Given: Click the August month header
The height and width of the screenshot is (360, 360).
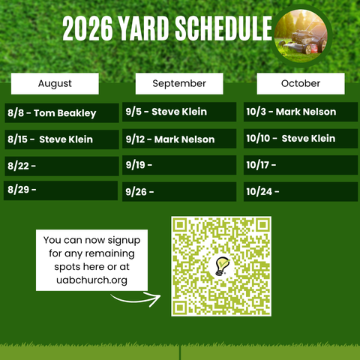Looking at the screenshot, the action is pos(55,83).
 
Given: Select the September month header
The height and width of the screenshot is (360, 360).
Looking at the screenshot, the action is pos(179,83).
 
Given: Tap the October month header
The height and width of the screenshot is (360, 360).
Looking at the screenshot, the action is pos(301,83).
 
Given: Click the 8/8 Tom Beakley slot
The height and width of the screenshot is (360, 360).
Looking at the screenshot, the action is pos(61,113).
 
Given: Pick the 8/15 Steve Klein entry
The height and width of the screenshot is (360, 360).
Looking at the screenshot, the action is pos(61,139).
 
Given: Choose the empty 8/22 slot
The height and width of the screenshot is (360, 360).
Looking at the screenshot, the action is pos(61,166).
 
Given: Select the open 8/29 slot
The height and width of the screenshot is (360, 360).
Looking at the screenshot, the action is pos(61,190).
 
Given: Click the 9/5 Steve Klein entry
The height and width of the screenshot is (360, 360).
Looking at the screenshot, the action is pos(179,112).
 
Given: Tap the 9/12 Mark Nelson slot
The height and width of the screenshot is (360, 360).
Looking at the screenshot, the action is pos(179,139).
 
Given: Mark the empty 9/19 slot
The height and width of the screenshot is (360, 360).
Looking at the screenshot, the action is pos(179,165).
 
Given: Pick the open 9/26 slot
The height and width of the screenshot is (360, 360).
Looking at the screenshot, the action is pos(179,192).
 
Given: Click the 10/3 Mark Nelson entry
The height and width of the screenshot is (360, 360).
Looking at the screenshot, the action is pos(301,112).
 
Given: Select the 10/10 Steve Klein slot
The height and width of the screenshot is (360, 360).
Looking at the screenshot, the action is pos(301,139).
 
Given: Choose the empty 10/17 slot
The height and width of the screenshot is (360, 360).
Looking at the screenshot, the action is pos(301,165).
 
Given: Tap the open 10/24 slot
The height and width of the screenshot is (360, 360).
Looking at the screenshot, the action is pos(301,192).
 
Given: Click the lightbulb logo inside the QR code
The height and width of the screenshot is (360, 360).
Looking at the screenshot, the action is pos(222,266).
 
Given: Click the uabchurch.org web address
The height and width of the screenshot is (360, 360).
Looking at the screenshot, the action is pos(91,280).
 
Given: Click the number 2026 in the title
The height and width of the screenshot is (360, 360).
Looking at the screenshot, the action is pos(87,28).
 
